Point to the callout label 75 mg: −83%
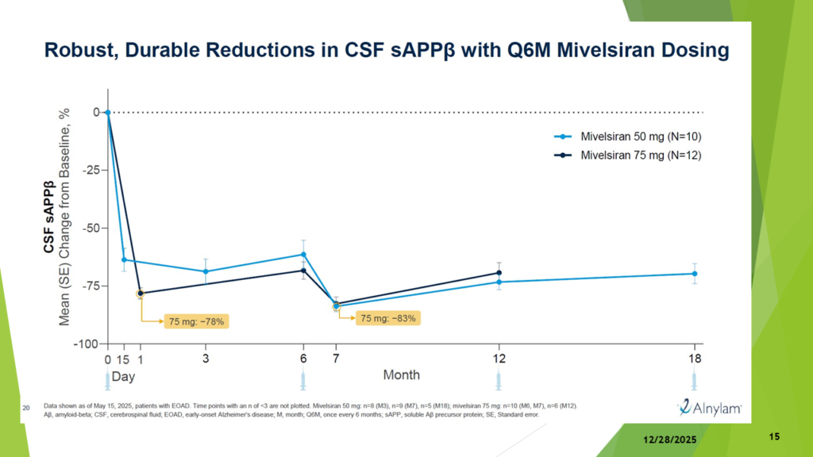(388, 318)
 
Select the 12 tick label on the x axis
(499, 358)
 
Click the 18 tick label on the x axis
(695, 358)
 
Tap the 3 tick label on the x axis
(206, 358)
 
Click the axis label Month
(402, 374)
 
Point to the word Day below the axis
(123, 374)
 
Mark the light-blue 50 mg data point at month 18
(695, 274)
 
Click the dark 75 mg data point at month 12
(499, 273)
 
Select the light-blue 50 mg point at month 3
(206, 271)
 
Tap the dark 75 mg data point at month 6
(303, 271)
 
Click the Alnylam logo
(710, 408)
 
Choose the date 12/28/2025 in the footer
(669, 438)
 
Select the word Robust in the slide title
(82, 52)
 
